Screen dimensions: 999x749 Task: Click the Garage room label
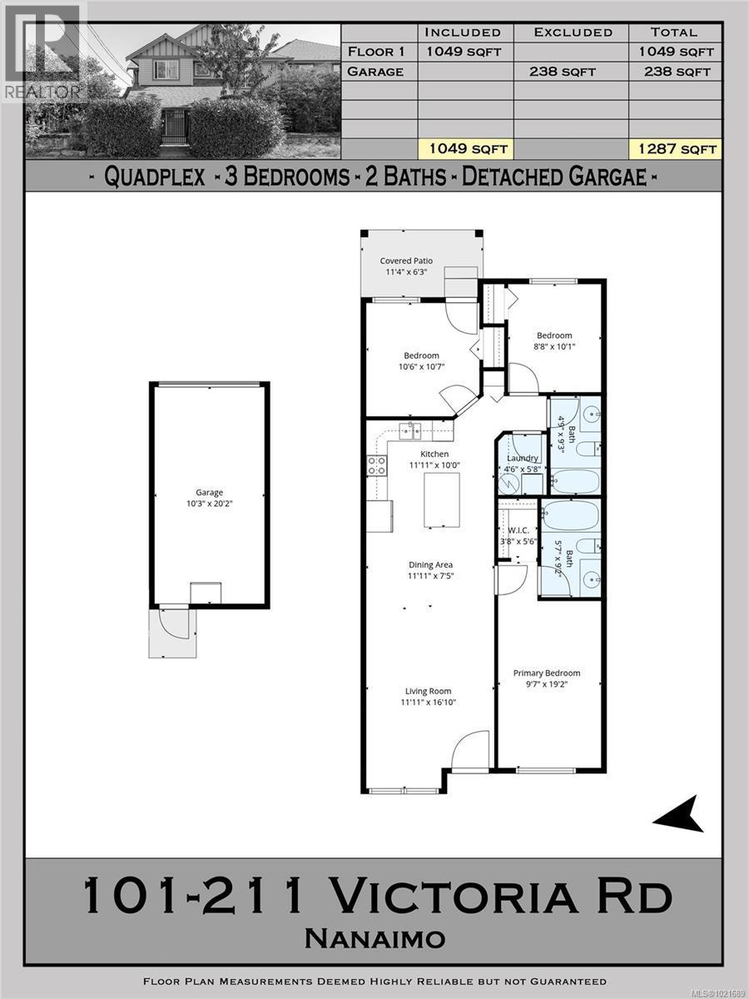point(209,493)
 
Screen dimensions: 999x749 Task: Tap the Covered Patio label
point(406,261)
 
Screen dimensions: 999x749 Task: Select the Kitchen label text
point(434,454)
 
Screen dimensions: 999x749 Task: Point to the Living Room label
point(428,691)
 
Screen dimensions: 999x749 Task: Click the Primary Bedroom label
point(546,673)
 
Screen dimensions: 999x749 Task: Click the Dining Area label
point(430,565)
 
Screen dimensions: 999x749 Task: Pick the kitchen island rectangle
point(442,499)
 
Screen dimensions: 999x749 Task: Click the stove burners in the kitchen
point(376,466)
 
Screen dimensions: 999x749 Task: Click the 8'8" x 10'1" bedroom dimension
point(553,347)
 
